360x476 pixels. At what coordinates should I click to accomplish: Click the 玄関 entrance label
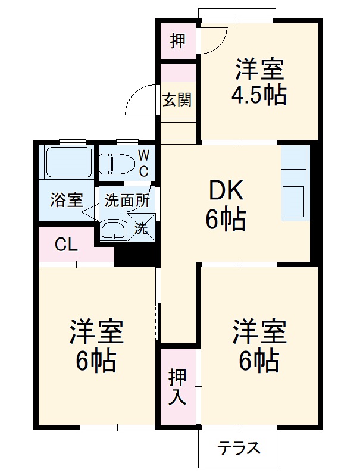click(177, 99)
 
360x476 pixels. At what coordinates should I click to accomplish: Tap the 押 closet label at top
click(177, 40)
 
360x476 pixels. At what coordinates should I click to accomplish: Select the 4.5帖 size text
click(258, 95)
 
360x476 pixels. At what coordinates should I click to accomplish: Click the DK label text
click(226, 192)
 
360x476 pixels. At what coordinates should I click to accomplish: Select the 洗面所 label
click(127, 201)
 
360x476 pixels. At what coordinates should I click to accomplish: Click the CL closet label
click(66, 245)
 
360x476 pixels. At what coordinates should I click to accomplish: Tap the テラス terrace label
click(239, 447)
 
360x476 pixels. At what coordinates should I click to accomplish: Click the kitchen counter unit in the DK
click(295, 182)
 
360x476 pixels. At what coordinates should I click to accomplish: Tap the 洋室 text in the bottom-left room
click(96, 331)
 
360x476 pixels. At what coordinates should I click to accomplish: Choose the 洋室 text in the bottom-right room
click(259, 331)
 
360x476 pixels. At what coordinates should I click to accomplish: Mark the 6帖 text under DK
click(226, 220)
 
